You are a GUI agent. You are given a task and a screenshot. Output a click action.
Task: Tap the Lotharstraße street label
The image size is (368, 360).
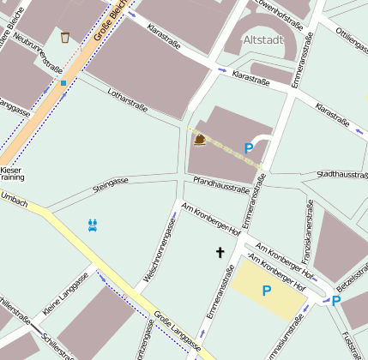[x=128, y=100]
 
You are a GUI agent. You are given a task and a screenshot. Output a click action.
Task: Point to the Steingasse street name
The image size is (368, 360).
[x=110, y=182]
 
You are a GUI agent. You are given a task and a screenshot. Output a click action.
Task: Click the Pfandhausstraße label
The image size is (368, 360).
[x=220, y=184]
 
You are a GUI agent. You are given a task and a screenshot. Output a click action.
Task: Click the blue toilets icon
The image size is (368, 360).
[x=93, y=225]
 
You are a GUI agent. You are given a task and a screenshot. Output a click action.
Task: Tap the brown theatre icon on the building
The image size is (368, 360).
[x=200, y=140]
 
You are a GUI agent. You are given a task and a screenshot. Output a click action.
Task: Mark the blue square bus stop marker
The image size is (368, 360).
[x=63, y=83]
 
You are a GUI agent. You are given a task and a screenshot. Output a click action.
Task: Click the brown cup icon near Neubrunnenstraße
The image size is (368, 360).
[x=65, y=37]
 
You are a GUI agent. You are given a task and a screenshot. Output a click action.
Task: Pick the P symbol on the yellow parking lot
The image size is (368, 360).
[x=266, y=291]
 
